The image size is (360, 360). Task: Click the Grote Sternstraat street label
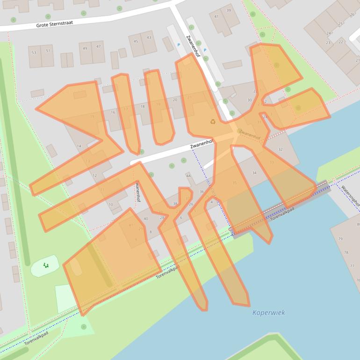pyautogui.click(x=54, y=23)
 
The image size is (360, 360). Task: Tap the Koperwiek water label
pyautogui.click(x=268, y=313)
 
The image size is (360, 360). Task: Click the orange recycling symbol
pyautogui.click(x=213, y=122)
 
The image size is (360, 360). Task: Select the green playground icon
pyautogui.click(x=46, y=266)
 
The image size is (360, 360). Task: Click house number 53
pyautogui.click(x=34, y=52)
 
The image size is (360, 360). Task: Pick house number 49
pyautogui.click(x=85, y=48)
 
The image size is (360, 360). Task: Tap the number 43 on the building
pyautogui.click(x=149, y=38)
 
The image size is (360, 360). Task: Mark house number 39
pyautogui.click(x=229, y=10)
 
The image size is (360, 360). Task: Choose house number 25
pyautogui.click(x=339, y=23)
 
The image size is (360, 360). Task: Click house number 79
pyautogui.click(x=340, y=239)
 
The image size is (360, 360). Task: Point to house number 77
pyautogui.click(x=352, y=266)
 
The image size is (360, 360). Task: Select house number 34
pyautogui.click(x=254, y=173)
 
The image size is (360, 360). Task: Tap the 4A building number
pyautogui.click(x=189, y=176)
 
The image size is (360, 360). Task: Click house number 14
pyautogui.click(x=79, y=146)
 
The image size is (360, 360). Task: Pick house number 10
pyautogui.click(x=111, y=205)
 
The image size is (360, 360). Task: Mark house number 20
pyautogui.click(x=175, y=100)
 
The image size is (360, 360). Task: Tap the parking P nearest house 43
pyautogui.click(x=178, y=45)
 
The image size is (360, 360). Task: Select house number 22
pyautogui.click(x=340, y=42)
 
